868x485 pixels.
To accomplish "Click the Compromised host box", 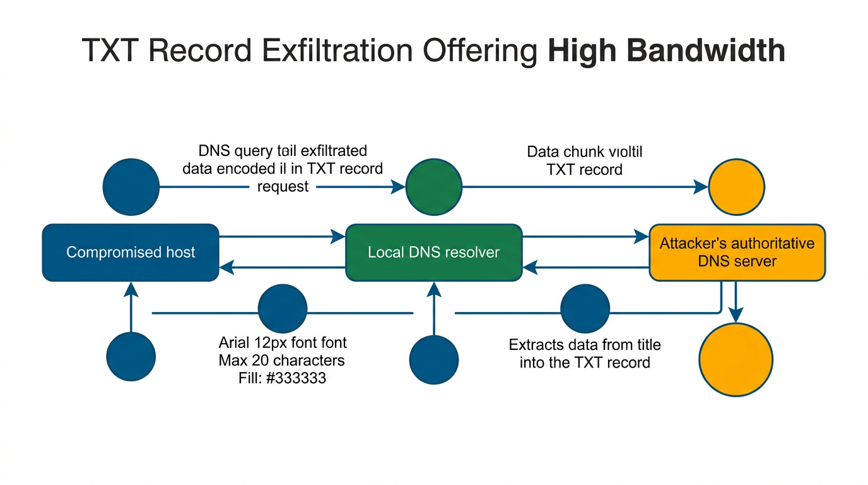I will pos(131,253).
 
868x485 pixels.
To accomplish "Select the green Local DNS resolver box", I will pos(433,253).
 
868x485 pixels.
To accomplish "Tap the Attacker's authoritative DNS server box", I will pos(737,253).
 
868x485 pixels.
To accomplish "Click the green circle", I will pos(433,187).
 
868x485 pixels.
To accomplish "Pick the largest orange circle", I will pos(736,359).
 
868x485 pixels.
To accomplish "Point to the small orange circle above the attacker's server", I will pos(736,187).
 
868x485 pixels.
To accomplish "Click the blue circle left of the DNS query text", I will pos(131,187).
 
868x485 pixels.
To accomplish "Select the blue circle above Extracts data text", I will pos(585,309).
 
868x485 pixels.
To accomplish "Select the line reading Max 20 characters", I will pos(282,361).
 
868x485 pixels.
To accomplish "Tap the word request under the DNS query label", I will pos(283,187).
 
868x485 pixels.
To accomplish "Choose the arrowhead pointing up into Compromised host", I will pos(131,289).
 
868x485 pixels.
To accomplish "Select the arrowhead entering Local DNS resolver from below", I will pos(433,289).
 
